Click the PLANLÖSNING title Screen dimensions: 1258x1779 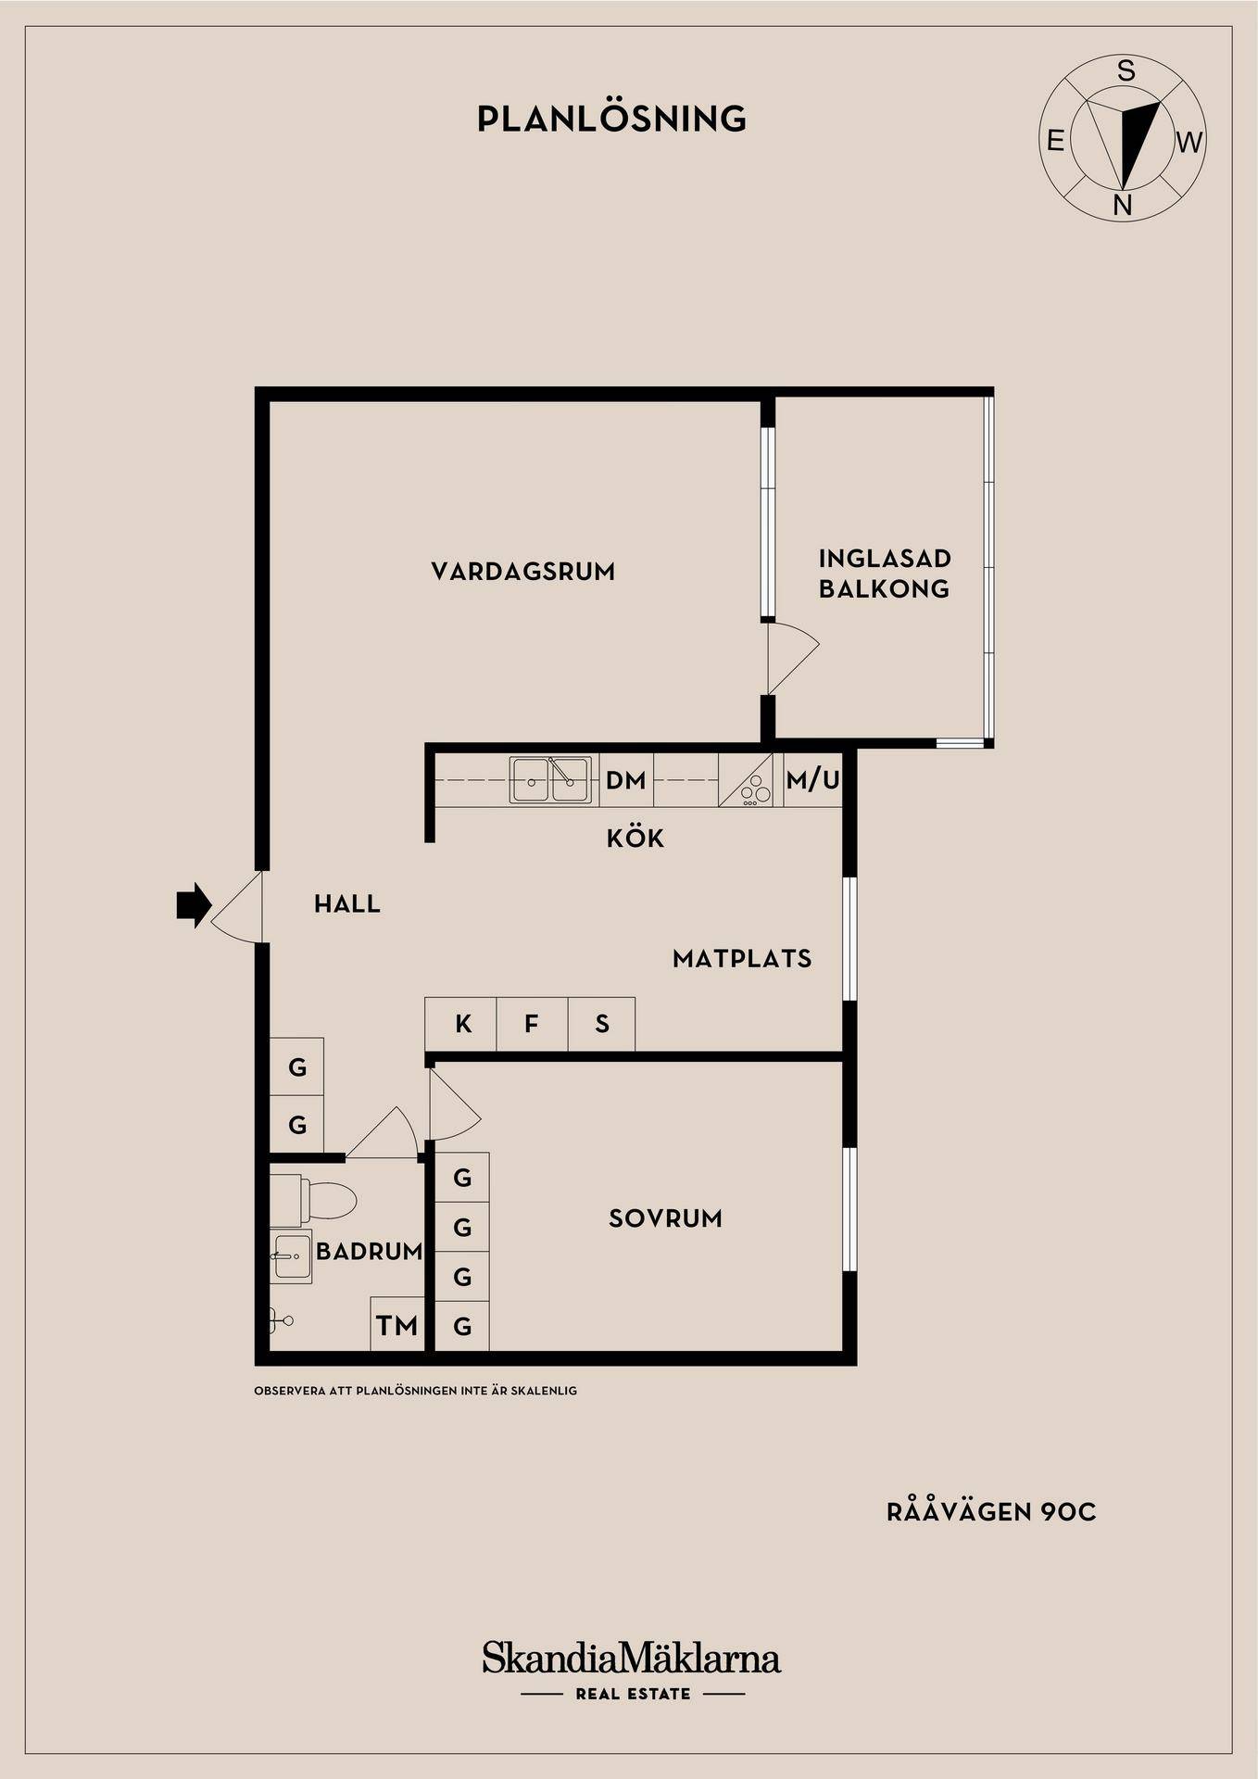coord(611,119)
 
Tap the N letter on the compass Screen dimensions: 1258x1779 coord(1123,205)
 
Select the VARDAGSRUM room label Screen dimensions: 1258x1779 coord(523,572)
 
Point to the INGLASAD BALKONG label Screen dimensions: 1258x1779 coord(885,574)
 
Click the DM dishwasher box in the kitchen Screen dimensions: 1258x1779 coord(626,780)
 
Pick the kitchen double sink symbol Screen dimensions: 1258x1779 coord(550,780)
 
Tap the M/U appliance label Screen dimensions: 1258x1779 coord(812,780)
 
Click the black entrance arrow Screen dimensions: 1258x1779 coord(194,905)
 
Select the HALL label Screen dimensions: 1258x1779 coord(347,904)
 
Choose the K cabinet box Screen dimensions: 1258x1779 coord(461,1024)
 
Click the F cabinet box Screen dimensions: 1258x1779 coord(532,1024)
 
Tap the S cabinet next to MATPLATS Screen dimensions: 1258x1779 coord(602,1024)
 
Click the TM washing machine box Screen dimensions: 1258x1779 coord(396,1325)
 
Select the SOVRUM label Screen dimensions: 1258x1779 coord(665,1218)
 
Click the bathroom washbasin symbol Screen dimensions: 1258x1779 coord(291,1256)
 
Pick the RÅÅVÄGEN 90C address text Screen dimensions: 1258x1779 coord(991,1512)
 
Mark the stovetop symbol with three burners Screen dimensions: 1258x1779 coord(746,780)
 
